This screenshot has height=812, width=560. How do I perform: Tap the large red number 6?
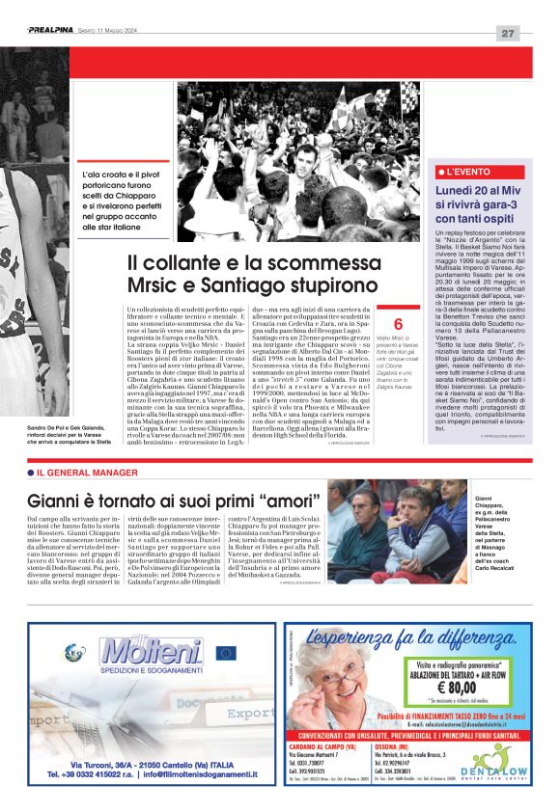(x=397, y=324)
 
